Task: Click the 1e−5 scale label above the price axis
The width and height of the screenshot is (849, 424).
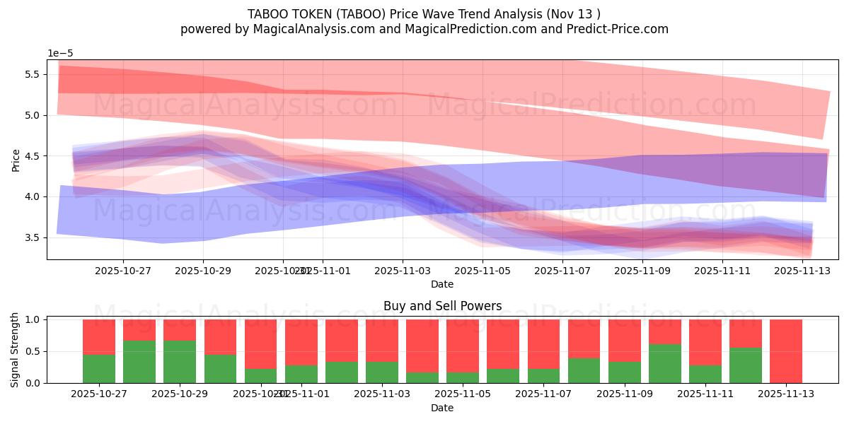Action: pyautogui.click(x=60, y=53)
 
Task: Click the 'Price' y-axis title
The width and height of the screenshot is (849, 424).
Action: pyautogui.click(x=16, y=160)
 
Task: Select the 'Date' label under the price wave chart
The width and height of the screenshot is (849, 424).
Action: pyautogui.click(x=442, y=284)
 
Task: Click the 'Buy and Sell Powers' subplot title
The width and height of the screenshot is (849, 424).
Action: pyautogui.click(x=442, y=306)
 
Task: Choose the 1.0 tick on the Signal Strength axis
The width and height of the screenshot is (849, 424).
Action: pyautogui.click(x=33, y=319)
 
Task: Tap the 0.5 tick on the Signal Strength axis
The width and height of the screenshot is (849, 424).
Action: pyautogui.click(x=33, y=351)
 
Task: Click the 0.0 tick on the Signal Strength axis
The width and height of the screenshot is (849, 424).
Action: pyautogui.click(x=33, y=383)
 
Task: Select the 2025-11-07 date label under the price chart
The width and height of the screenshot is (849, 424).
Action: pyautogui.click(x=562, y=270)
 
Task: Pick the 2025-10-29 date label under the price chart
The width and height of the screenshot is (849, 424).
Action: pyautogui.click(x=203, y=270)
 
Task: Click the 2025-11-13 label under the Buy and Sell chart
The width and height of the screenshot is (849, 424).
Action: pyautogui.click(x=786, y=394)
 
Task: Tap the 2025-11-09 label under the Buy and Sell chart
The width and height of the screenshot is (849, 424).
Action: pyautogui.click(x=625, y=394)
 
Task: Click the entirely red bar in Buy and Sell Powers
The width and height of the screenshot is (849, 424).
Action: pyautogui.click(x=786, y=351)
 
